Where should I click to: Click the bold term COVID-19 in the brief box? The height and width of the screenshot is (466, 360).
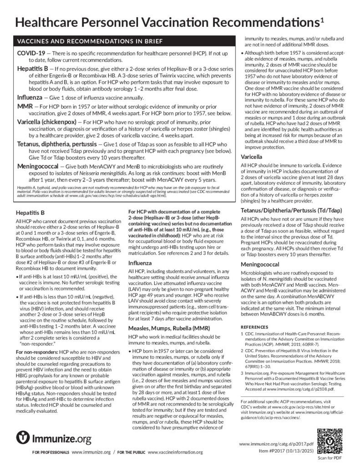click(31, 53)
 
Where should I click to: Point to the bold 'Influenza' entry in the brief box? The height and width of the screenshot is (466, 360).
click(32, 97)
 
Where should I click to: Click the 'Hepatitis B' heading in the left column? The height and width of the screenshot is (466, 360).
click(30, 212)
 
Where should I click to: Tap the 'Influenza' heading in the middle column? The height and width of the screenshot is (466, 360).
click(141, 263)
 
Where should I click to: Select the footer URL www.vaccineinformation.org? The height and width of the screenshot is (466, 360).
click(175, 452)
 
